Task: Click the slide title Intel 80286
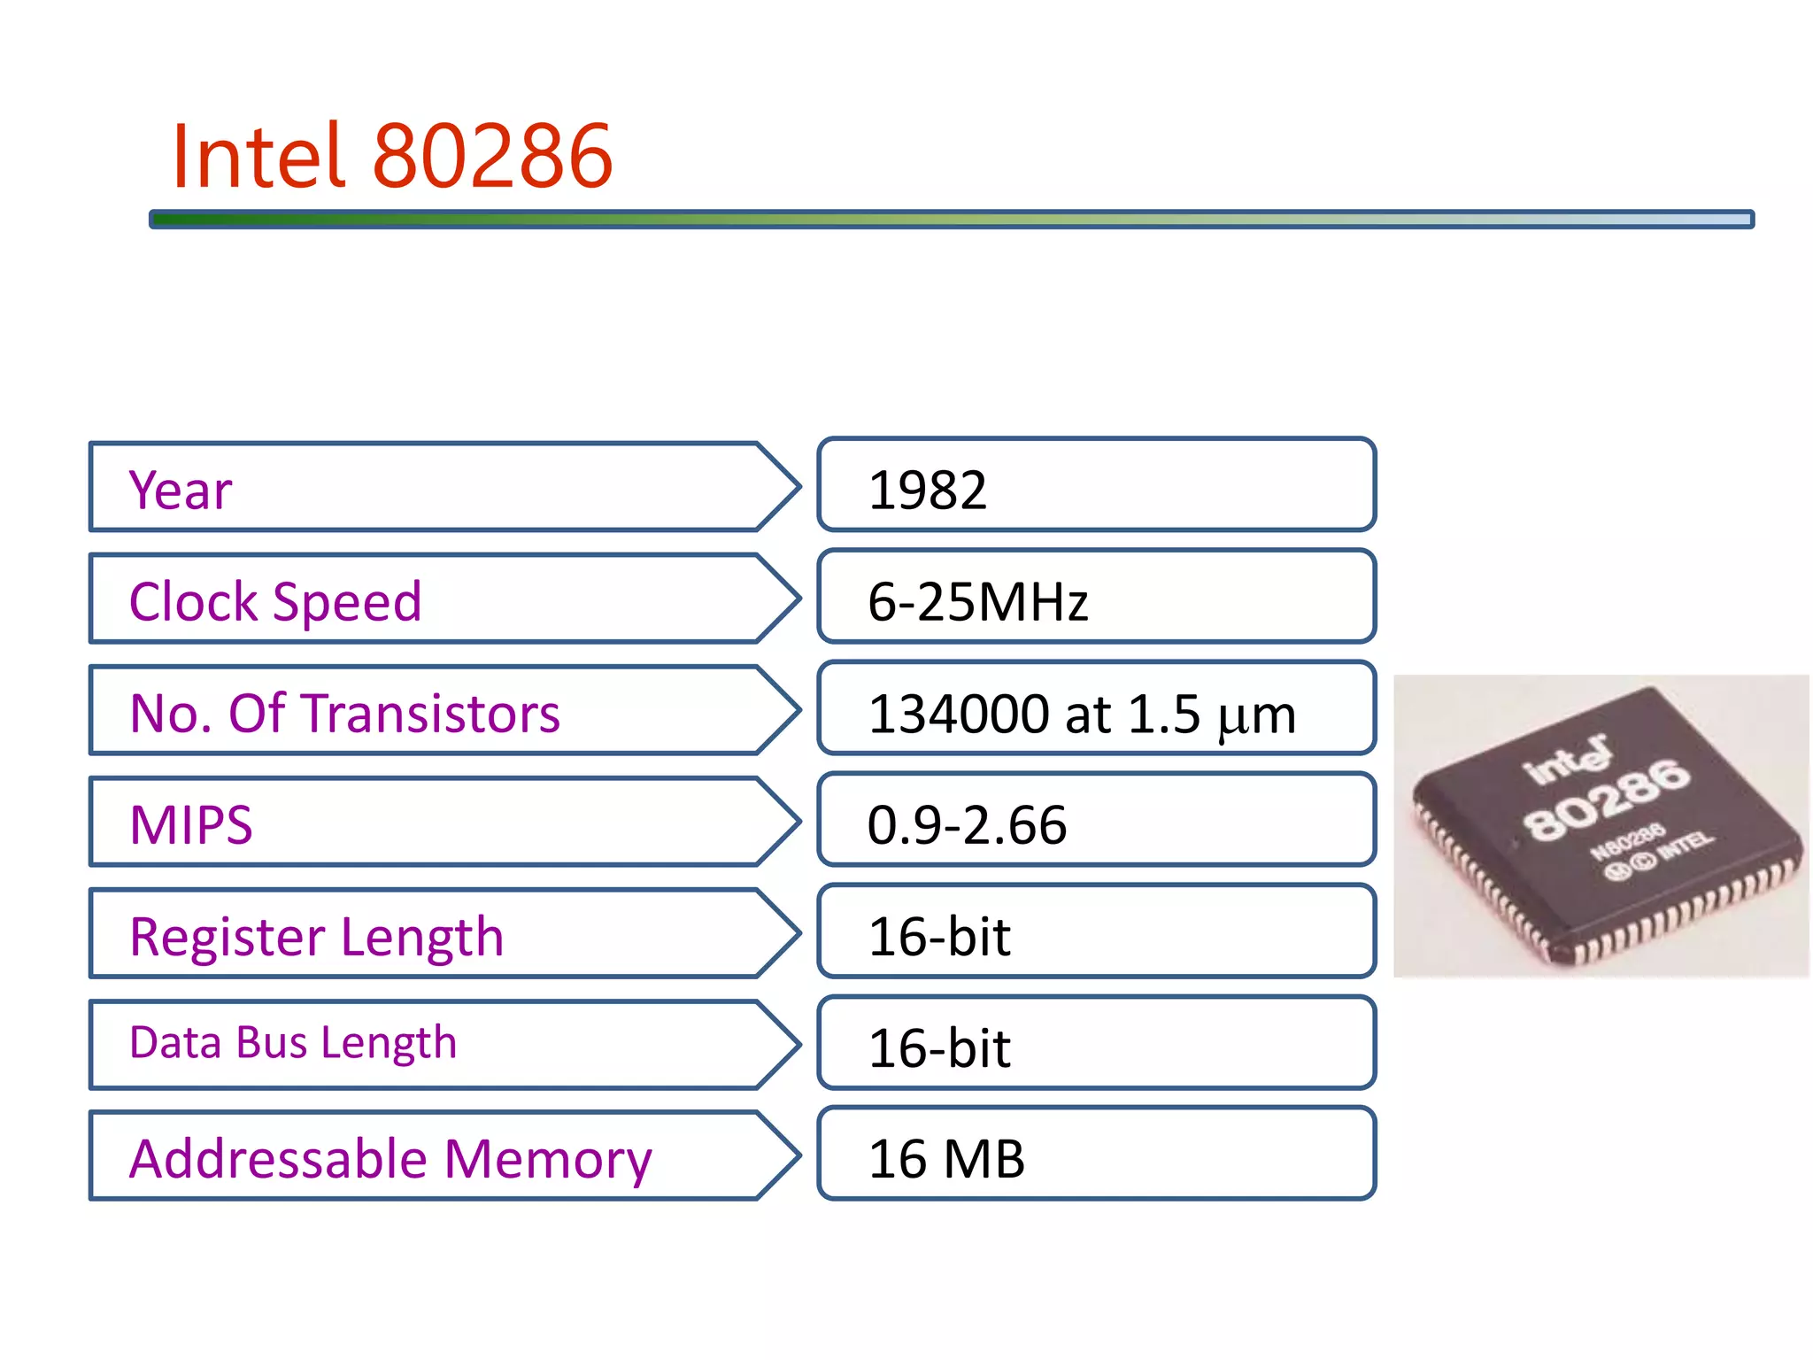pyautogui.click(x=392, y=157)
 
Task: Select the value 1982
pyautogui.click(x=927, y=490)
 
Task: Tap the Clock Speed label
pyautogui.click(x=275, y=602)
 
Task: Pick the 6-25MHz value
pyautogui.click(x=977, y=602)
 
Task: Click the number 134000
pyautogui.click(x=958, y=714)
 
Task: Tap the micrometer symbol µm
pyautogui.click(x=1256, y=716)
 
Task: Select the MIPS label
pyautogui.click(x=191, y=825)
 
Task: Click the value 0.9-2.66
pyautogui.click(x=967, y=825)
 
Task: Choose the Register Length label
pyautogui.click(x=316, y=937)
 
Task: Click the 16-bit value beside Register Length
pyautogui.click(x=939, y=937)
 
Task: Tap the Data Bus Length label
pyautogui.click(x=293, y=1043)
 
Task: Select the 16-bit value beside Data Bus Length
pyautogui.click(x=939, y=1048)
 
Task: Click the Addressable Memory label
pyautogui.click(x=390, y=1159)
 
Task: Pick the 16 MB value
pyautogui.click(x=946, y=1159)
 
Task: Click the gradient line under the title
pyautogui.click(x=952, y=219)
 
